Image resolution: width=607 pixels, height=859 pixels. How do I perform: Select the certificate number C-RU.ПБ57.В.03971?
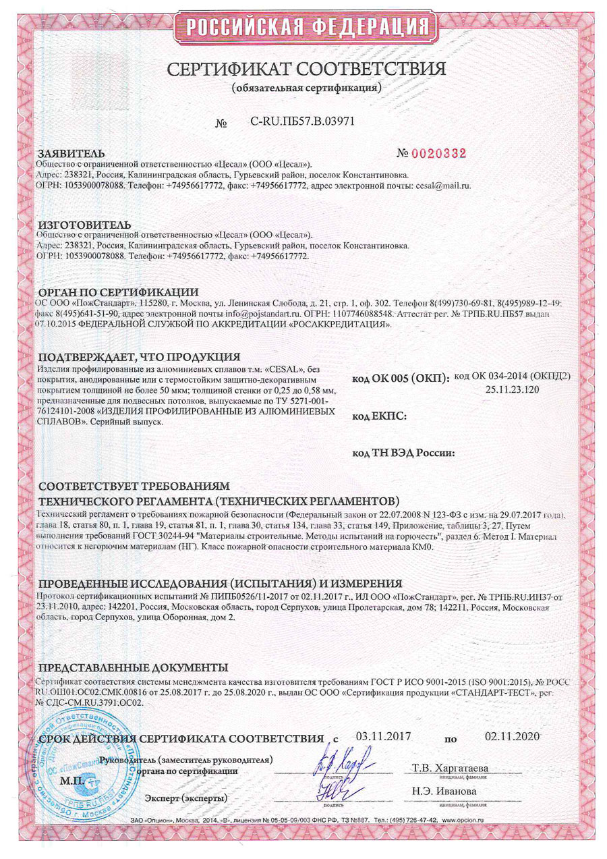[x=302, y=122]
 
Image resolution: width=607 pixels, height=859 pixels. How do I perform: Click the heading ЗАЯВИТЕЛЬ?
[x=71, y=154]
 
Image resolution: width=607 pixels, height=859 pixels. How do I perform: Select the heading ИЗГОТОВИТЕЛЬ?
[x=84, y=224]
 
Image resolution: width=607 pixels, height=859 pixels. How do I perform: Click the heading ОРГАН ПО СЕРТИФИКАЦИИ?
[x=118, y=292]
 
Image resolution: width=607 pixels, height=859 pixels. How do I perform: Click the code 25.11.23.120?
[x=512, y=389]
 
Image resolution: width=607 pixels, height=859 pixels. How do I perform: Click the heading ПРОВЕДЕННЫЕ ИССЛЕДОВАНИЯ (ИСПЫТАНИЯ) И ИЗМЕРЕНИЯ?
[x=220, y=583]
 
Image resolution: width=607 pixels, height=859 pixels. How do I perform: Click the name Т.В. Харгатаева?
[x=450, y=768]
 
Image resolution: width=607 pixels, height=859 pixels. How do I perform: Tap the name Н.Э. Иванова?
[x=444, y=791]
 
